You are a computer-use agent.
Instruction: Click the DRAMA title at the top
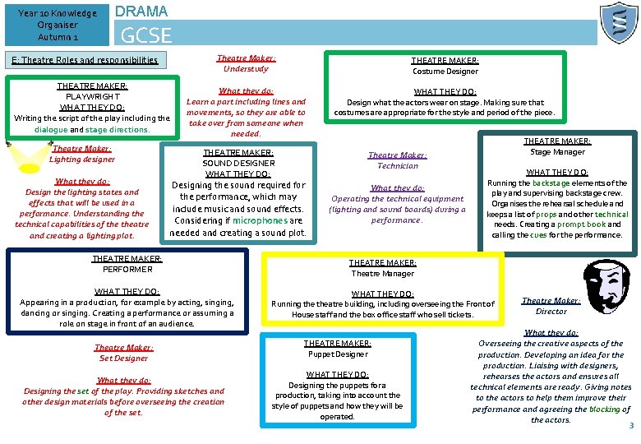tap(141, 11)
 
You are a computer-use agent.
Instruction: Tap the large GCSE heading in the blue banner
tap(146, 35)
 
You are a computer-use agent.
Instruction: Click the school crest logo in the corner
tap(618, 23)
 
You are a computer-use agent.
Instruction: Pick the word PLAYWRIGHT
tap(92, 96)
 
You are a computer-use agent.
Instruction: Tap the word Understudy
tap(246, 69)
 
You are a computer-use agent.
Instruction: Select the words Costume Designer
tap(446, 72)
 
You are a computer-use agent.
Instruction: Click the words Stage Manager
tap(558, 152)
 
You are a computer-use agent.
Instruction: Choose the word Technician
tap(397, 165)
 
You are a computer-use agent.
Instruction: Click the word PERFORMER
tap(127, 269)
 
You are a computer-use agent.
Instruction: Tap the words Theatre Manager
tap(383, 274)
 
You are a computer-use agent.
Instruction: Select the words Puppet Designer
tap(338, 354)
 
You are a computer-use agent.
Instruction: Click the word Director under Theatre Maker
tap(551, 312)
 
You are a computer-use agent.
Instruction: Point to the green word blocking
tap(604, 409)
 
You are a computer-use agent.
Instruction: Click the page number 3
tap(631, 425)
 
